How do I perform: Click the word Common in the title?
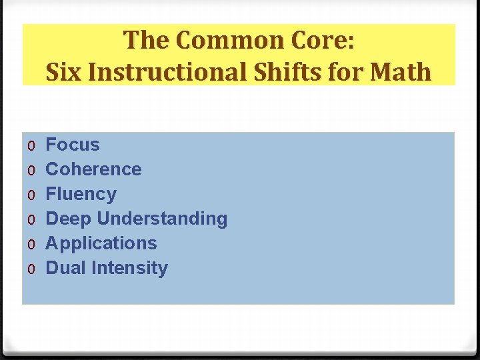pos(217,41)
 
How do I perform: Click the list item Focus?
pos(72,145)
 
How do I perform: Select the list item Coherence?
pos(93,169)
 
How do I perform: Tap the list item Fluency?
pos(81,194)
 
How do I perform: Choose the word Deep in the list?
pos(69,219)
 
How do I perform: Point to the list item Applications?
pos(101,243)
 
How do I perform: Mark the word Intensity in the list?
pos(130,268)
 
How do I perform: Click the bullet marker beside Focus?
pos(31,146)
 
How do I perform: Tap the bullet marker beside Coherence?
pos(31,171)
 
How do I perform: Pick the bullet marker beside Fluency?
pos(31,195)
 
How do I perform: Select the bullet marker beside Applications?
pos(31,245)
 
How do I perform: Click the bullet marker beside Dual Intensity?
pos(31,269)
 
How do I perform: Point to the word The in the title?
pos(146,41)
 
